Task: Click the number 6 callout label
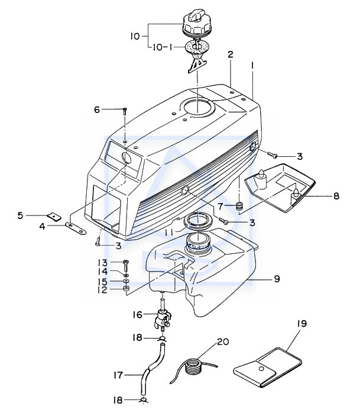point(97,109)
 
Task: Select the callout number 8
point(336,196)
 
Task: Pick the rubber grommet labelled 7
point(239,207)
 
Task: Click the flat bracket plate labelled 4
point(76,228)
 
